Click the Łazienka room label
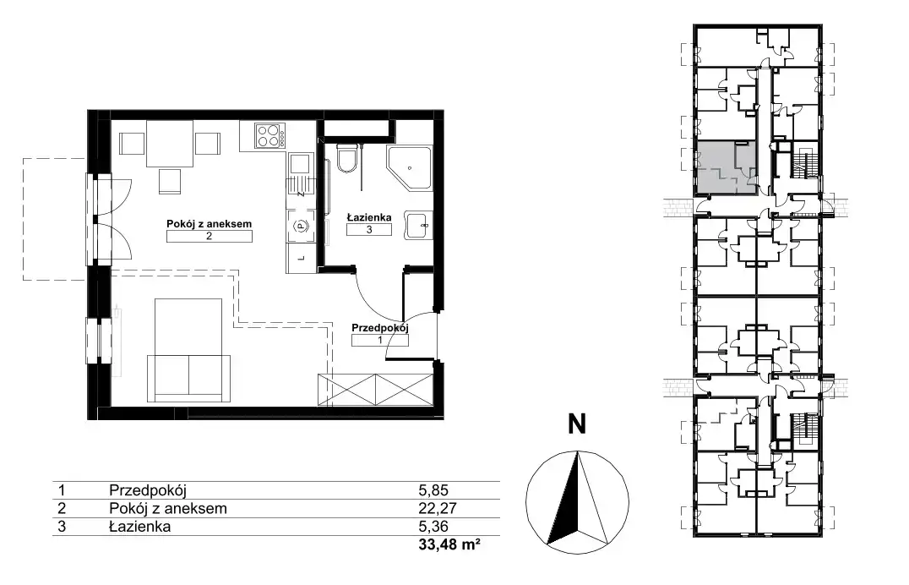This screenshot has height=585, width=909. coord(368,217)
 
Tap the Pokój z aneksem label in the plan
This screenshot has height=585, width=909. coord(209,223)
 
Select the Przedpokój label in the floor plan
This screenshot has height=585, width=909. coord(379,328)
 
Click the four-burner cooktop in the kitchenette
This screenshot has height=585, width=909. coord(270,136)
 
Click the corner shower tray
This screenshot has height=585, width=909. coord(409,168)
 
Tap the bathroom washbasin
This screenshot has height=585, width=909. coord(418,225)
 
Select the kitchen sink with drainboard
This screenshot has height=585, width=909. coord(301,174)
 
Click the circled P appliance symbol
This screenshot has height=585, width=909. coord(300,226)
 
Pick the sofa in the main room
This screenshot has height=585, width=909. coord(188,378)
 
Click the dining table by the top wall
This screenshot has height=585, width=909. coord(169,144)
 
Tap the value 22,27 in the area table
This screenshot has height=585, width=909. coord(438,508)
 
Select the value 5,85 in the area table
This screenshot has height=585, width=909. coord(433,490)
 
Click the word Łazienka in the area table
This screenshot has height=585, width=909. coord(139,527)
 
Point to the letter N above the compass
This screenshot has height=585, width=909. coord(577,424)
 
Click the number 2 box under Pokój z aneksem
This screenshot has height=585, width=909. coord(209,236)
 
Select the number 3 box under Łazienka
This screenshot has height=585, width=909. coord(368,229)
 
